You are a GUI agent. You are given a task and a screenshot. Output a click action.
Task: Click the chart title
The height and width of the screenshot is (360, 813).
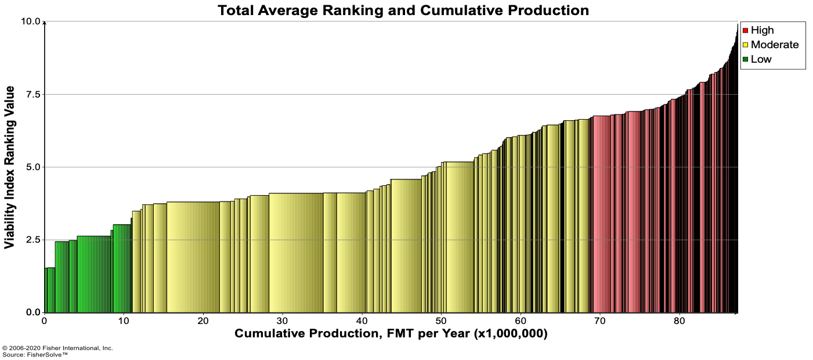click(403, 10)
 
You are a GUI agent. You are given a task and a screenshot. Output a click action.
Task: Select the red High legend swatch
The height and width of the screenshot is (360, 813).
click(745, 30)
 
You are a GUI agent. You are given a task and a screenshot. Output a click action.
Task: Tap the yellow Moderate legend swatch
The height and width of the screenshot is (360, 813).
click(745, 45)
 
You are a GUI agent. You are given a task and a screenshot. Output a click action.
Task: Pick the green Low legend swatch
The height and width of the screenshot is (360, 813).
click(745, 59)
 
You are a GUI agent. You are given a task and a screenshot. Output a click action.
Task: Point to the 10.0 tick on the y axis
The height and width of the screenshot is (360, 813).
click(31, 21)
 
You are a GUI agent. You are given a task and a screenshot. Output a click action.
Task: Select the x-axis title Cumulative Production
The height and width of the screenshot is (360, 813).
click(391, 334)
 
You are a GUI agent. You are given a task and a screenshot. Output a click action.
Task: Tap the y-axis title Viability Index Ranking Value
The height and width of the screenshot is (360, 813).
click(10, 167)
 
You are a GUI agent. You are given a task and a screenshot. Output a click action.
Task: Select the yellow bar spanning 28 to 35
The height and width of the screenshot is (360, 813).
click(296, 253)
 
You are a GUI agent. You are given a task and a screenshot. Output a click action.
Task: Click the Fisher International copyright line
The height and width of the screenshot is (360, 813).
click(58, 348)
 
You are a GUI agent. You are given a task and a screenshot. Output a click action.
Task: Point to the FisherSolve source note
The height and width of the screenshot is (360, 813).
click(35, 354)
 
